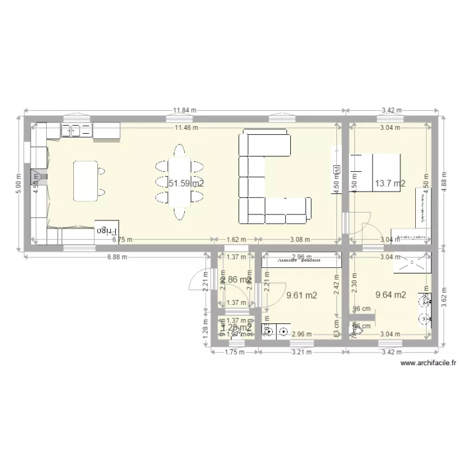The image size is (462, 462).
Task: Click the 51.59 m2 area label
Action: click(x=186, y=183)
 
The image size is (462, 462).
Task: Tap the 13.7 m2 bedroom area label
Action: click(x=389, y=183)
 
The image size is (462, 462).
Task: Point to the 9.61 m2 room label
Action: click(x=302, y=296)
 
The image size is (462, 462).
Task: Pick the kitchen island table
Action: click(x=86, y=180)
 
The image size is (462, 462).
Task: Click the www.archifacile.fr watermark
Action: click(x=428, y=363)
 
